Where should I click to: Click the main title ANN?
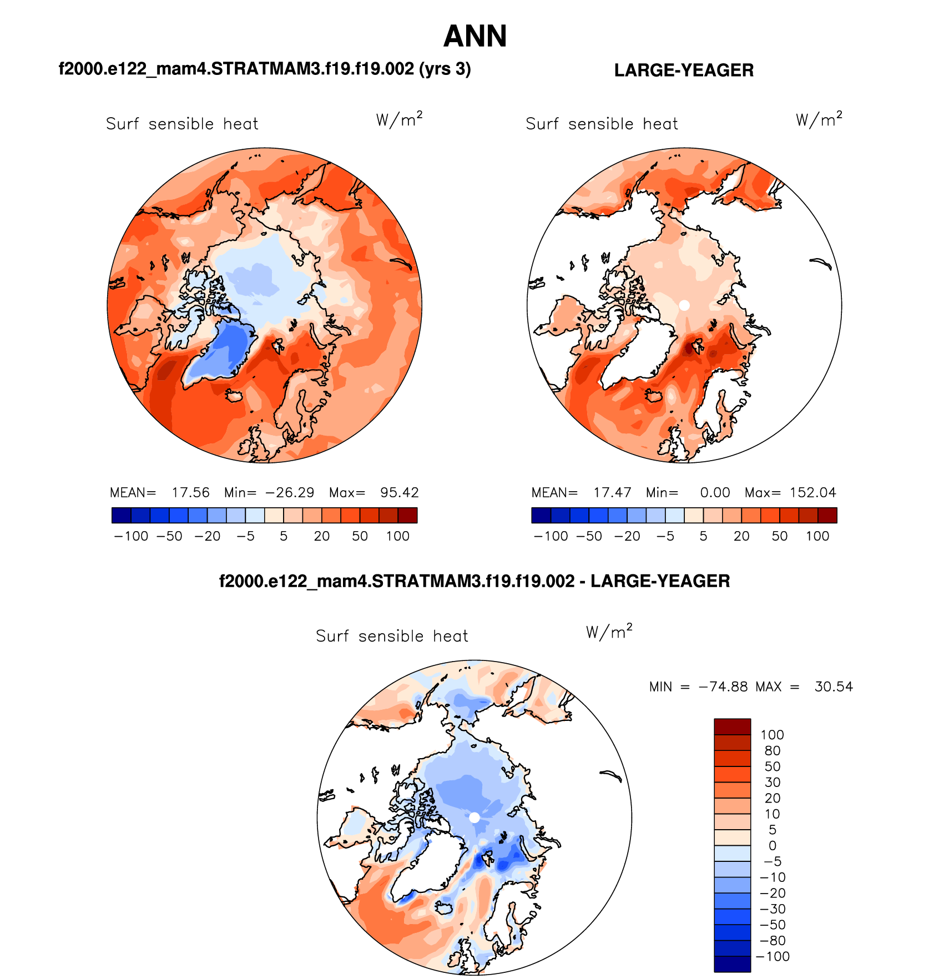click(x=475, y=37)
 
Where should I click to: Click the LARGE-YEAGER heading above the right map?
click(x=684, y=70)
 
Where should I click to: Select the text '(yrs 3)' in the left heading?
click(x=445, y=69)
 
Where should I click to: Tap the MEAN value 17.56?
click(x=190, y=493)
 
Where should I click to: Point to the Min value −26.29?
click(x=289, y=493)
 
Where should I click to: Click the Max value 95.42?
click(x=399, y=493)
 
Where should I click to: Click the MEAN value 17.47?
click(x=612, y=493)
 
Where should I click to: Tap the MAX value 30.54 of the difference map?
click(x=834, y=687)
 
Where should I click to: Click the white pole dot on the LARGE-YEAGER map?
click(x=684, y=305)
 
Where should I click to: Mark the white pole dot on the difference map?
click(x=474, y=817)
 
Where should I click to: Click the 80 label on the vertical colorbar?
click(x=772, y=751)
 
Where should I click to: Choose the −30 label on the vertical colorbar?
click(x=772, y=909)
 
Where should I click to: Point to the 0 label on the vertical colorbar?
click(x=772, y=846)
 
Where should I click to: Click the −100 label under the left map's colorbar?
click(x=131, y=536)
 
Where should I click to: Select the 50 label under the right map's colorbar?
click(x=779, y=536)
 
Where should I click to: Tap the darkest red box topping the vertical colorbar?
click(x=732, y=726)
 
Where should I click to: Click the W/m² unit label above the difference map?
click(x=609, y=632)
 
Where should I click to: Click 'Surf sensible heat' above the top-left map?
click(x=182, y=124)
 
